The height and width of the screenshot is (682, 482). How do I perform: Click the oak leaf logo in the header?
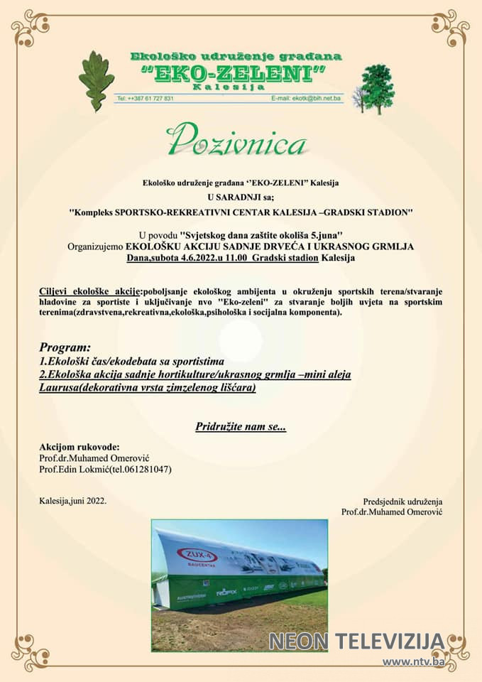97,80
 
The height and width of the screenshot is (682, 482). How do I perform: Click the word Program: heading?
65,348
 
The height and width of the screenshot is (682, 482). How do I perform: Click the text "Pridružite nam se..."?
241,427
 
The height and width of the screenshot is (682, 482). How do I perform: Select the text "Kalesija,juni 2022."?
73,501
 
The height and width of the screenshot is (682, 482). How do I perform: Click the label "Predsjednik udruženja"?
402,501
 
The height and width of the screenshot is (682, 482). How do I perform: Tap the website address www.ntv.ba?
414,662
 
